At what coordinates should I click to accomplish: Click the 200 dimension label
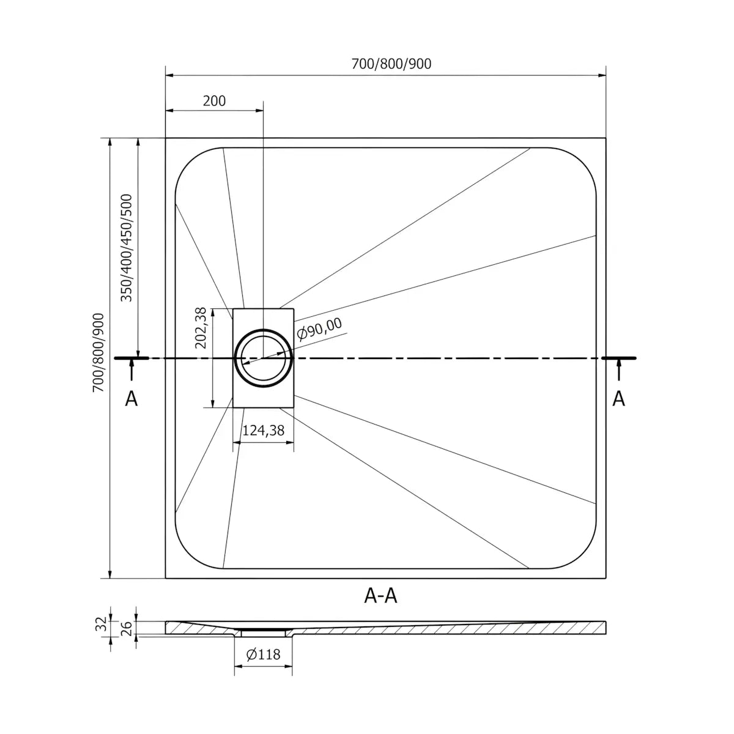(x=214, y=101)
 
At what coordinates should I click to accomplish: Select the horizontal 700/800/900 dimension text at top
(x=391, y=64)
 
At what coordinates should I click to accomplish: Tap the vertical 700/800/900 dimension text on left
(x=98, y=352)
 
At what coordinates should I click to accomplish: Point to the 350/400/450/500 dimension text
(x=126, y=248)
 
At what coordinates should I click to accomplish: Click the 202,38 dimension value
(x=201, y=328)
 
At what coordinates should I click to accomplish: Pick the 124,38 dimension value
(x=264, y=431)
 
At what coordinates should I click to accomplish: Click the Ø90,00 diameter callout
(x=319, y=330)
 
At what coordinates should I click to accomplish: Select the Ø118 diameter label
(x=263, y=654)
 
